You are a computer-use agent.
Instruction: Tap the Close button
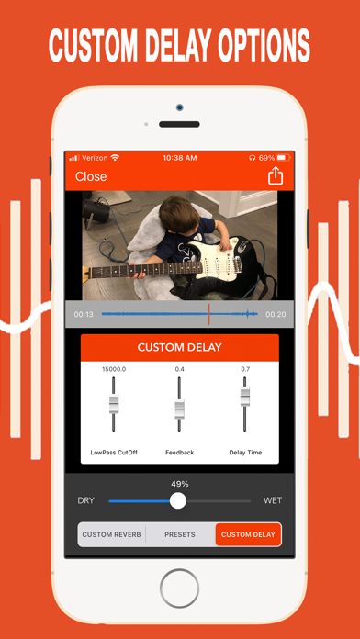[91, 176]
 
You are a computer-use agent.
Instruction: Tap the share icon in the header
[275, 176]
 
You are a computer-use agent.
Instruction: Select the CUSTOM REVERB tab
[111, 534]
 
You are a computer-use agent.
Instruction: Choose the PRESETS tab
[180, 534]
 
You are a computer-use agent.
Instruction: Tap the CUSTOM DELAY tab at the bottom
[248, 534]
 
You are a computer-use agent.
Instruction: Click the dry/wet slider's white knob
[178, 500]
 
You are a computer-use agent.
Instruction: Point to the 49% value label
[180, 484]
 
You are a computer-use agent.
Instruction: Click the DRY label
[85, 500]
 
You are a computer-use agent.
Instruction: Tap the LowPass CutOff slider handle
[114, 404]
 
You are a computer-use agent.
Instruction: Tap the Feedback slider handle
[180, 408]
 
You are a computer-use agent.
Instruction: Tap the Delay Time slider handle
[245, 396]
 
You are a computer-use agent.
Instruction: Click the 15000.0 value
[114, 369]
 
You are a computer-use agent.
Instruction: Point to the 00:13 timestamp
[83, 314]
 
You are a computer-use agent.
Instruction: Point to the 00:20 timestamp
[276, 314]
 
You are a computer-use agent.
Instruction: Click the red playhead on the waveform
[209, 314]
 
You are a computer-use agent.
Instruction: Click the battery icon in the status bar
[284, 158]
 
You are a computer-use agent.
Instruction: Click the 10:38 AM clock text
[180, 158]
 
